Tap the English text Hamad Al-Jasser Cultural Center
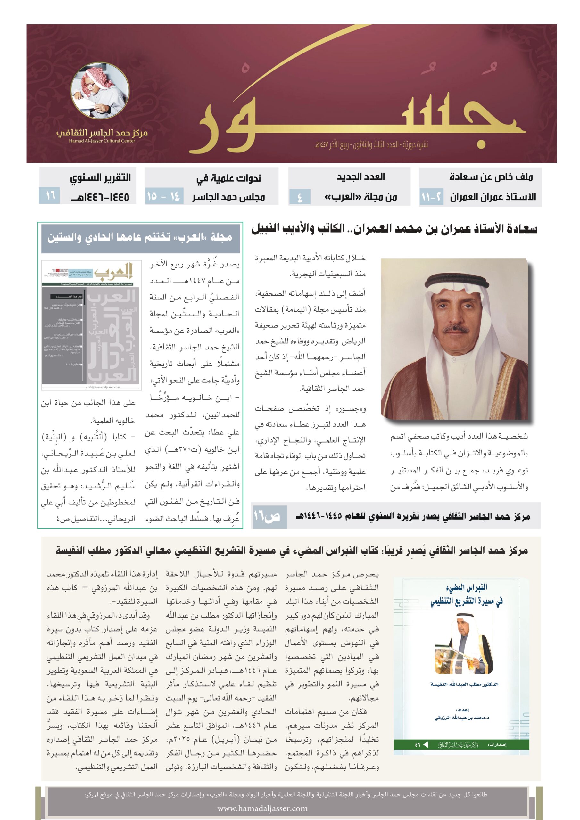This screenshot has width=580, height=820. pos(102,141)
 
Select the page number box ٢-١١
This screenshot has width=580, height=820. pos(431,197)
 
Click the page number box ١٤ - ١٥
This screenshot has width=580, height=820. pos(164,196)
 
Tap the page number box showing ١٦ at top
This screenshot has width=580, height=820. pos(49,196)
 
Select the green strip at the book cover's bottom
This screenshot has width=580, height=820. pos(461,745)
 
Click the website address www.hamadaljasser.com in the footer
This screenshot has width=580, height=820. pos(262,808)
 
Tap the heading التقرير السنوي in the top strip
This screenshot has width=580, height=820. pos(100,177)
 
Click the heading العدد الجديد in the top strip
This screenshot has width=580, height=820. pos(360,177)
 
